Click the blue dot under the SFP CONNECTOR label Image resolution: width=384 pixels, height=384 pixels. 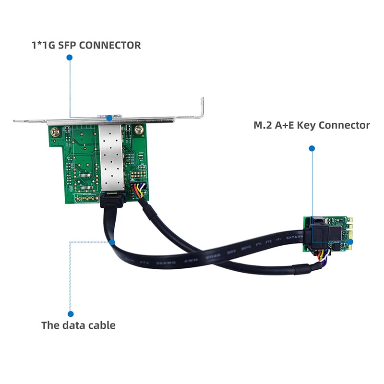pyautogui.click(x=69, y=57)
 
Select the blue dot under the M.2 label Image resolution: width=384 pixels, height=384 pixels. pyautogui.click(x=312, y=149)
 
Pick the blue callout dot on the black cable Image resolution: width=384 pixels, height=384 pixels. pyautogui.click(x=112, y=242)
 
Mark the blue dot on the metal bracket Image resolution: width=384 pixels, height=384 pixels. pyautogui.click(x=109, y=118)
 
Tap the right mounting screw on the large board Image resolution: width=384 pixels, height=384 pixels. pyautogui.click(x=139, y=129)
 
